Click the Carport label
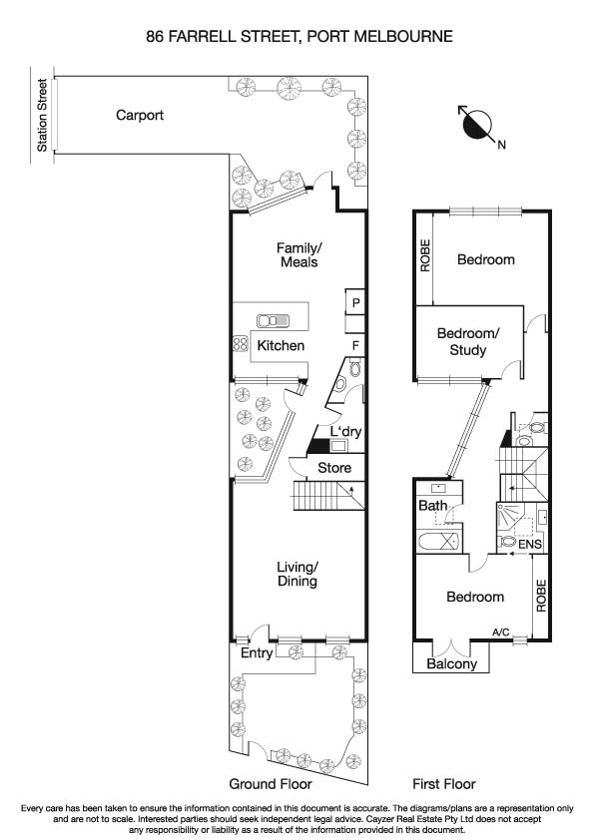139,115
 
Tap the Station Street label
42,115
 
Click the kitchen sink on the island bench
273,321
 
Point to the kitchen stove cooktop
240,344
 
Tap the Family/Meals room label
298,255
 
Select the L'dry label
345,431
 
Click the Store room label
333,467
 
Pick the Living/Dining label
297,574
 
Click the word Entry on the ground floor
258,652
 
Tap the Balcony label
451,663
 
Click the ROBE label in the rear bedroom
424,255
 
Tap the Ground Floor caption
268,784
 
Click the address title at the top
298,36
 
